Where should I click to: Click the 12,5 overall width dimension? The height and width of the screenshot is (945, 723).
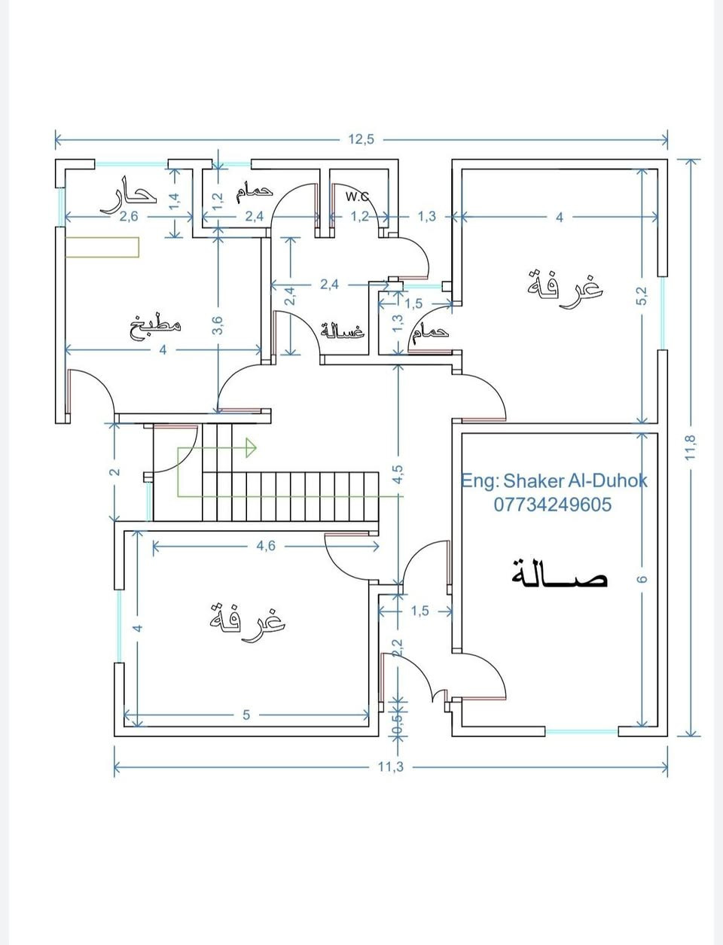361,139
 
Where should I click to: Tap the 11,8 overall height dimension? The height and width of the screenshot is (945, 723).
691,447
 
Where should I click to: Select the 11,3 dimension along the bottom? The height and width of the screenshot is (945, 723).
391,767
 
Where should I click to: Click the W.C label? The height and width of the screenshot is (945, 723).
357,197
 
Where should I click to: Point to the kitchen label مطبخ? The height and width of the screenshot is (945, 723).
155,328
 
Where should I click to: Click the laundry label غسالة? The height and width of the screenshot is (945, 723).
343,331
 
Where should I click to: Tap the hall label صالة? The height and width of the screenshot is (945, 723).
560,574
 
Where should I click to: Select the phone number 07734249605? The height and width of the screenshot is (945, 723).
553,505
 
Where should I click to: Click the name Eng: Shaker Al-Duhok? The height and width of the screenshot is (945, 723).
554,480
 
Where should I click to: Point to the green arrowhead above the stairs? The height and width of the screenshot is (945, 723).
251,448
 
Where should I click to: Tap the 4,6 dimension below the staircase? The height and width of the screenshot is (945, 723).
266,546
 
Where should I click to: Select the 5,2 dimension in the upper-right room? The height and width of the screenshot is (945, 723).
642,296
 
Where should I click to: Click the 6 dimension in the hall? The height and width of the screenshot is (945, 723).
642,579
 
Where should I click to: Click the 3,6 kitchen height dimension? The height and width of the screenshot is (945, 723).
218,325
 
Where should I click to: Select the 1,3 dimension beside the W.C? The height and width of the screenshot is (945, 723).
427,217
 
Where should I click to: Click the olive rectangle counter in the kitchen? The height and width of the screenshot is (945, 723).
102,247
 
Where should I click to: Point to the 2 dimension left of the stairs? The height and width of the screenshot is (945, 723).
114,472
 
